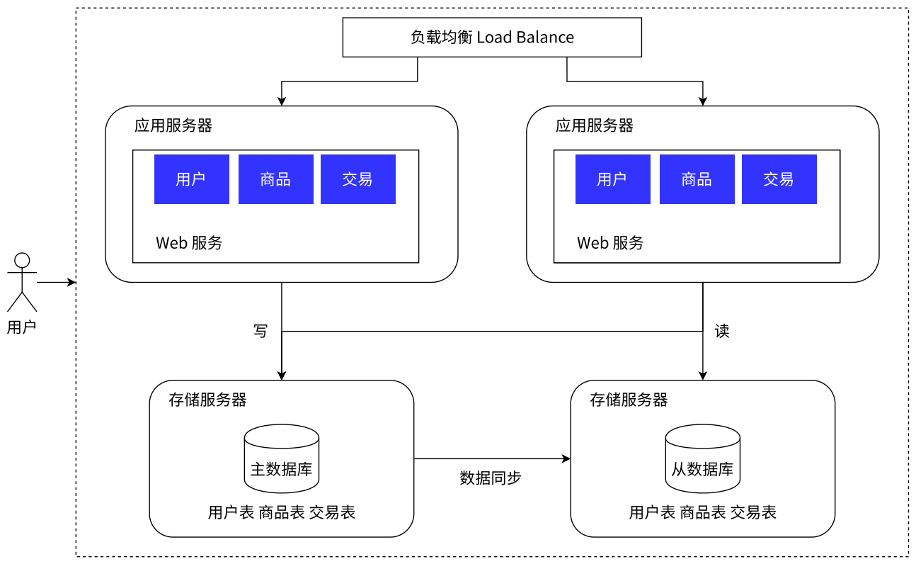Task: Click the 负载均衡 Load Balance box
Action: pos(492,38)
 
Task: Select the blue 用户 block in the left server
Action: pos(191,179)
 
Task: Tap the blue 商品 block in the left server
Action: pos(275,179)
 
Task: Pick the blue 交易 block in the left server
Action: pos(357,179)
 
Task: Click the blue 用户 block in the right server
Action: pos(612,179)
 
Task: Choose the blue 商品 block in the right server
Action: pos(697,179)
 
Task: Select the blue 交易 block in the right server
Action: pos(779,179)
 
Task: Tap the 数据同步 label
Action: pos(491,478)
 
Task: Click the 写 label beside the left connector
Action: pos(261,331)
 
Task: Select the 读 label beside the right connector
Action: pos(722,331)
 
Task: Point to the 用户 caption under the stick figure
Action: pos(21,327)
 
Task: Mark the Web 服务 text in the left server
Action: pos(189,243)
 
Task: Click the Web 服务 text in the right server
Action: pos(610,243)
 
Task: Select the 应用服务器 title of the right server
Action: pos(595,126)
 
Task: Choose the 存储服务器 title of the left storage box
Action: pos(207,400)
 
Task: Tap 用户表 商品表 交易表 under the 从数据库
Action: pos(702,512)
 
